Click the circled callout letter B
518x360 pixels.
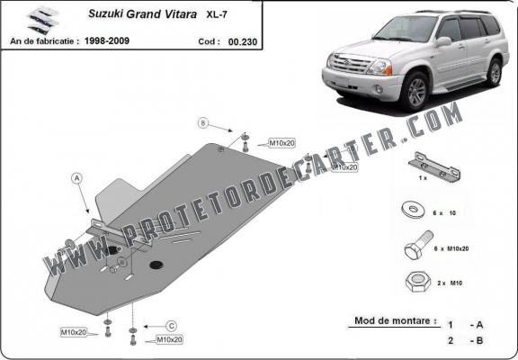tap(203, 122)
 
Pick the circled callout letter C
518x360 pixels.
tap(170, 325)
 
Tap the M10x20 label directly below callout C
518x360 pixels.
tap(170, 339)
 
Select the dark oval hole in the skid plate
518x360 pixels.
tap(156, 265)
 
